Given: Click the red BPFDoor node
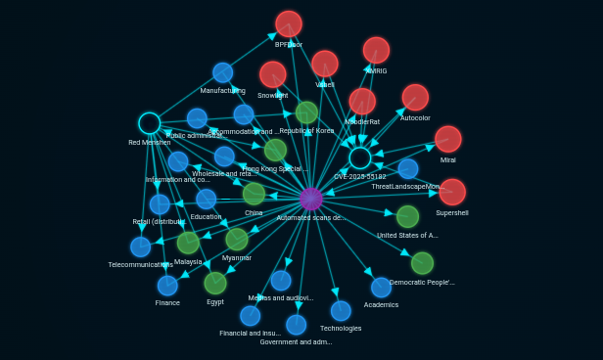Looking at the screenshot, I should tap(289, 23).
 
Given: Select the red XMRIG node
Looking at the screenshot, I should tap(376, 50).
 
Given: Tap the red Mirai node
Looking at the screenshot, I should tap(447, 139).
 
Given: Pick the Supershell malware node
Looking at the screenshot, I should tap(452, 192).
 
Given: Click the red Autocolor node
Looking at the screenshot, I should tap(415, 97).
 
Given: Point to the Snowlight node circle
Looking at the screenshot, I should tap(273, 74).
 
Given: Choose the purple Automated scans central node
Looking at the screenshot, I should tap(311, 199).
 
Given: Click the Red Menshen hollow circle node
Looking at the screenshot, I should tap(150, 123).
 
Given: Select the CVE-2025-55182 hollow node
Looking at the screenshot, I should tap(360, 158).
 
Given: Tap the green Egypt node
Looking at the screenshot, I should tap(215, 283).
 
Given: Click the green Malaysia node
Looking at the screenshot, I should tap(188, 243).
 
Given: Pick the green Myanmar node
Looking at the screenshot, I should tap(237, 239).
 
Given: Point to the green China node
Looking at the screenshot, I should tap(254, 194).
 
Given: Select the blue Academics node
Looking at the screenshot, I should tap(381, 287).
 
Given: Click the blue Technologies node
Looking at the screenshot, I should tap(341, 311).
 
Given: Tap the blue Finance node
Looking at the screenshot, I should tap(167, 286).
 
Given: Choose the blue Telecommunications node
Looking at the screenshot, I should tap(141, 247).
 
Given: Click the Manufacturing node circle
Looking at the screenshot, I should tap(223, 72).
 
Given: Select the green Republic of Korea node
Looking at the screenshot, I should tap(306, 112).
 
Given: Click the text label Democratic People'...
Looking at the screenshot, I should tap(422, 283).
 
